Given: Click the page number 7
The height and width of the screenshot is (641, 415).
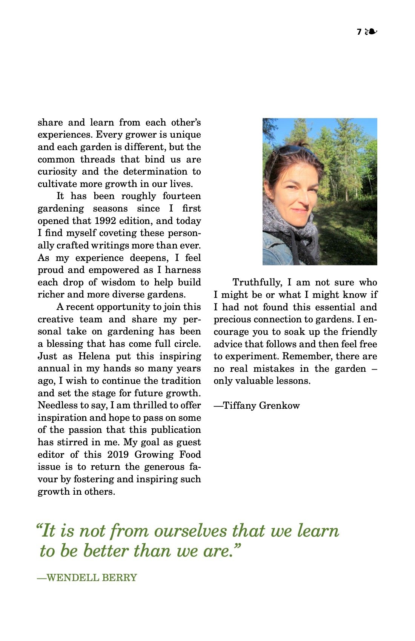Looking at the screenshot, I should (x=359, y=32).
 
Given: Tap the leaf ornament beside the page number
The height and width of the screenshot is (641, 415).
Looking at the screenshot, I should (x=371, y=32).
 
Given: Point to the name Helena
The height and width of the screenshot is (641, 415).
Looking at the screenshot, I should (x=94, y=356).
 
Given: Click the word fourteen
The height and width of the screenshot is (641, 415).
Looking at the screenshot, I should (x=182, y=196).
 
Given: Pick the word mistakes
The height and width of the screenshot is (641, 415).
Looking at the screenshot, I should (x=274, y=368).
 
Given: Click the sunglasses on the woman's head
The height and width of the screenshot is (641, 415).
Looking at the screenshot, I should (x=296, y=151).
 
